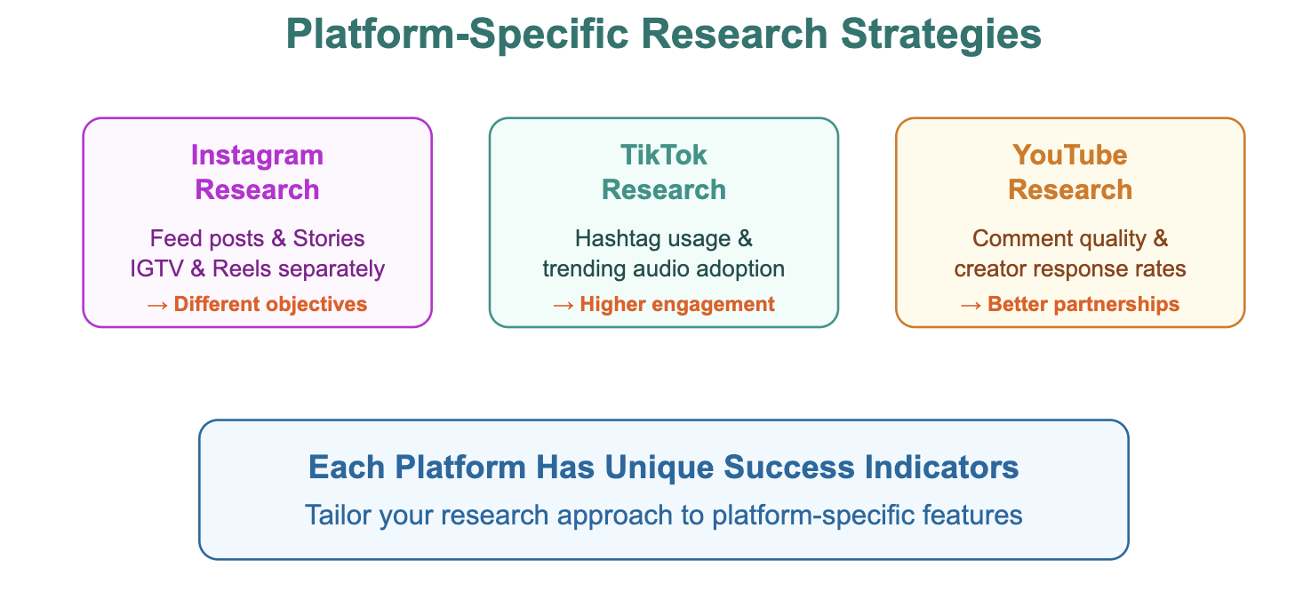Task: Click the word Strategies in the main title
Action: (x=940, y=35)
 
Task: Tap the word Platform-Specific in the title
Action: (x=457, y=35)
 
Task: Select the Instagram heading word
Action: (x=257, y=156)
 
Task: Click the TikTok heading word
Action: (x=664, y=155)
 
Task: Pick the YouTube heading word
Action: (x=1070, y=155)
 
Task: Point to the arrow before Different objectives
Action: (x=157, y=305)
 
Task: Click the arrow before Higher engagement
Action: (x=564, y=305)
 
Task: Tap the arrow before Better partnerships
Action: (x=971, y=305)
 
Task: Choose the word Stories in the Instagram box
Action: (x=329, y=238)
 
